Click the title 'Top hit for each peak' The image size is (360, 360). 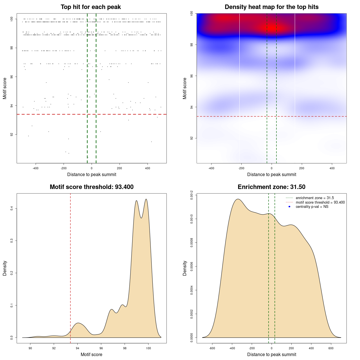[x=91, y=7]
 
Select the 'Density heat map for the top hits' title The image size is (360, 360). [x=271, y=7]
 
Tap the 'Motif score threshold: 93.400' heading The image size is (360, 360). [x=91, y=187]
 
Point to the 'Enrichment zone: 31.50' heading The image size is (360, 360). [x=271, y=187]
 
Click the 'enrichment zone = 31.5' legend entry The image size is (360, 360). [x=315, y=198]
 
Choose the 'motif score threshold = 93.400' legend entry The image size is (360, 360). [x=320, y=202]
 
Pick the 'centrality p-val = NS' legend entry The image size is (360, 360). [x=312, y=207]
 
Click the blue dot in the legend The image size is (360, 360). [x=289, y=207]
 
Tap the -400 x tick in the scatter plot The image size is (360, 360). [x=35, y=168]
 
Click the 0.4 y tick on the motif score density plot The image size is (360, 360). [x=12, y=208]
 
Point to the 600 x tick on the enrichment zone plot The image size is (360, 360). [x=331, y=348]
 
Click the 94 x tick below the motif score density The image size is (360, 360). [x=78, y=348]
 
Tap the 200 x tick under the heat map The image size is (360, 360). [x=302, y=168]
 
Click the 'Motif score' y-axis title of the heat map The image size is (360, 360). [x=185, y=88]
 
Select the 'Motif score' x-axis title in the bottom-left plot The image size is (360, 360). [x=91, y=354]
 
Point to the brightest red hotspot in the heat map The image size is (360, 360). [x=272, y=28]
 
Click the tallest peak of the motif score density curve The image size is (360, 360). [x=146, y=199]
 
